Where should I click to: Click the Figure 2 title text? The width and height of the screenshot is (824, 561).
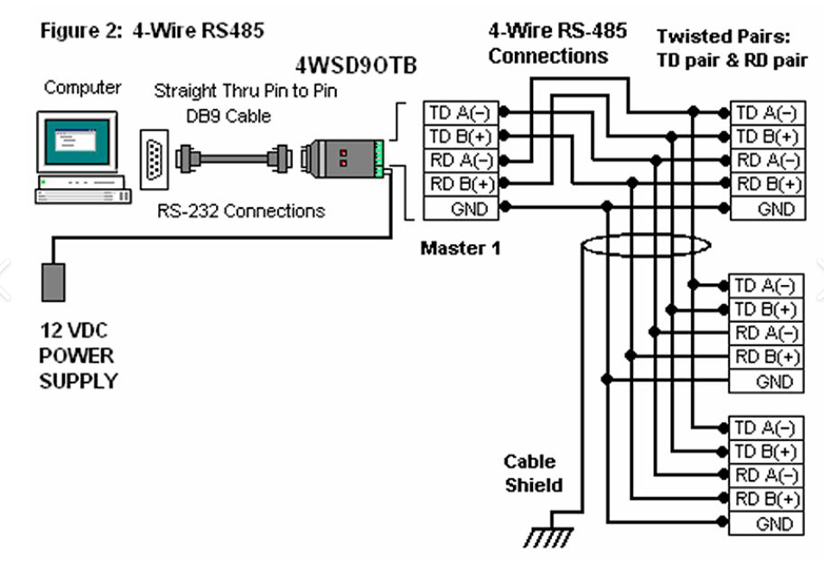coord(152,32)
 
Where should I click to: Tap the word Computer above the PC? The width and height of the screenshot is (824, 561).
coord(83,87)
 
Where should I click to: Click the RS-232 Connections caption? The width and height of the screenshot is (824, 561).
coord(241,211)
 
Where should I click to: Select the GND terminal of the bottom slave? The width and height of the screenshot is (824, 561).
coord(767,523)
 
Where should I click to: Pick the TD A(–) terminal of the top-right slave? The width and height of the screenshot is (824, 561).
coord(767,112)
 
